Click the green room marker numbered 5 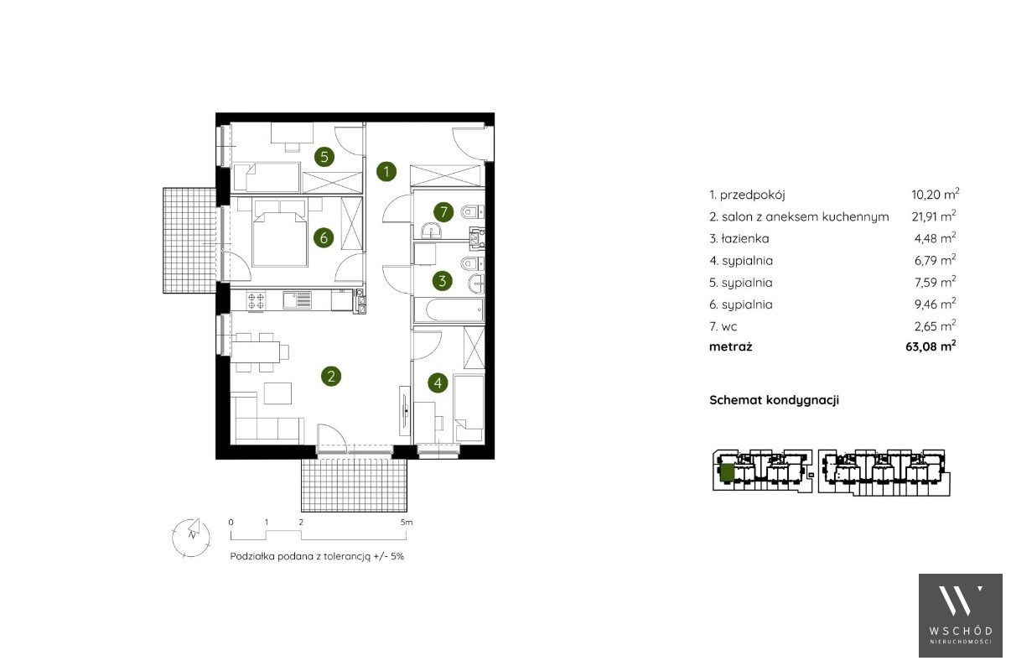(324, 157)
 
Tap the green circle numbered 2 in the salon (331, 376)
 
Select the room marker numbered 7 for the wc (443, 211)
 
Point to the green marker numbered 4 (438, 382)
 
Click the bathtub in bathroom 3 (448, 309)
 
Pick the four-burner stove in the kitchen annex (256, 301)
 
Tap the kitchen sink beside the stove (297, 300)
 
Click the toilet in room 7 (472, 211)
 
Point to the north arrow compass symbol (191, 537)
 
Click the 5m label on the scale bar (407, 523)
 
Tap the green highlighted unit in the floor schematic (727, 474)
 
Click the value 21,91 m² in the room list (933, 216)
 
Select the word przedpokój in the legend (753, 195)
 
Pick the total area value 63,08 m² (931, 346)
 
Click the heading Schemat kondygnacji (774, 400)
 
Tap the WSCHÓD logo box (961, 616)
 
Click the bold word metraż (730, 346)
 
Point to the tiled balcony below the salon (355, 485)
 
